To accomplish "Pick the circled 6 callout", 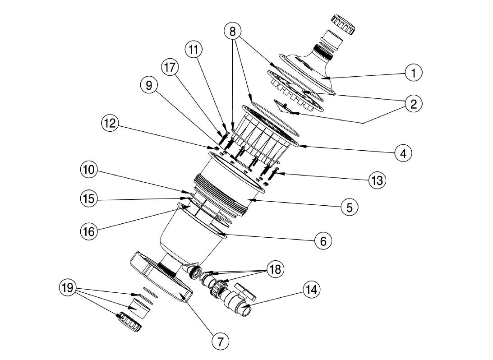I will point(323,241).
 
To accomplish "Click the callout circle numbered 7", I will point(220,342).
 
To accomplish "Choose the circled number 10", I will point(89,170).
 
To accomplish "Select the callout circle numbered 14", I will point(310,290).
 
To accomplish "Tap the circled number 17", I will point(170,68).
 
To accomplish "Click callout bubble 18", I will point(276,269).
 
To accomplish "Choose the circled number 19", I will point(69,287).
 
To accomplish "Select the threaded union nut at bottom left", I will point(129,322).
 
